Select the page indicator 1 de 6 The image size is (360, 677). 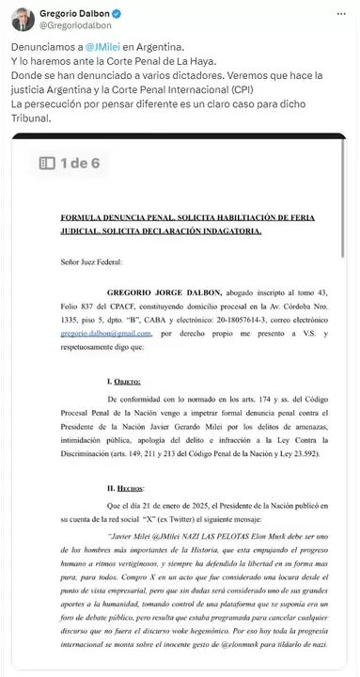point(82,163)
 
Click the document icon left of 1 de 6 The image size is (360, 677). point(47,163)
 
